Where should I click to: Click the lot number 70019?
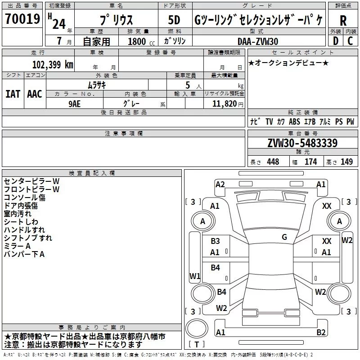(x=22, y=19)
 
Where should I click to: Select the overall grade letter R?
(x=343, y=21)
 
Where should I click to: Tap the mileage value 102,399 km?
(x=53, y=65)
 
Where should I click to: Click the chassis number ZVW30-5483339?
(x=302, y=143)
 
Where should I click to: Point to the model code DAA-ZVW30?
(x=258, y=41)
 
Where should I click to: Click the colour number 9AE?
(x=75, y=104)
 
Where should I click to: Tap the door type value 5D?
(x=174, y=20)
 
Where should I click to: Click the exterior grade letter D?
(x=336, y=41)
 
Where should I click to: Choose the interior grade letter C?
(x=350, y=41)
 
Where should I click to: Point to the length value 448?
(x=273, y=162)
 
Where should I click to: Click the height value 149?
(x=346, y=162)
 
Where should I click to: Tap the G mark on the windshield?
(x=284, y=237)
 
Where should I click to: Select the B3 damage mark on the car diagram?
(x=216, y=241)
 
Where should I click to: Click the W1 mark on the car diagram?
(x=195, y=276)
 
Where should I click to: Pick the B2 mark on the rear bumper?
(x=321, y=333)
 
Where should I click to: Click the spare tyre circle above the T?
(x=197, y=328)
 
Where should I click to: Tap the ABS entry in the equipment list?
(x=295, y=121)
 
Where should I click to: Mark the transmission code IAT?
(x=13, y=94)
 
